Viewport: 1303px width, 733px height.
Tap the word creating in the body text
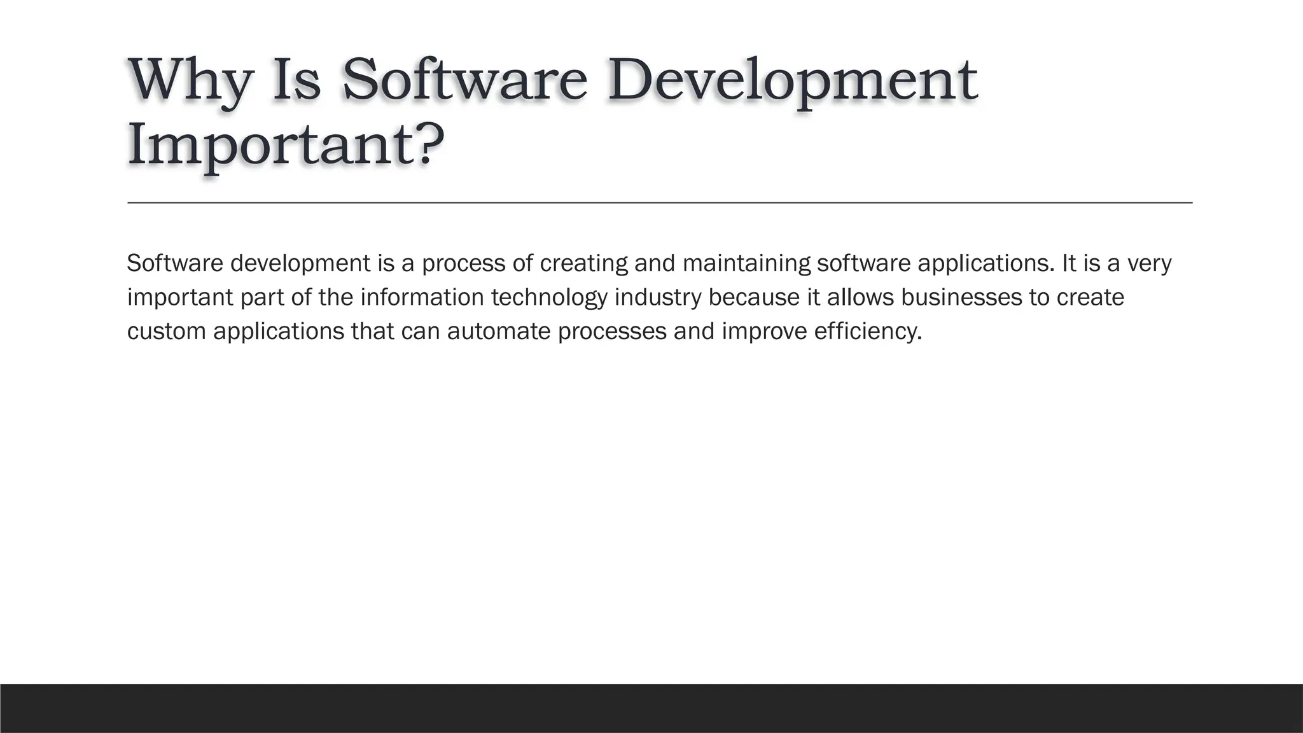pyautogui.click(x=583, y=263)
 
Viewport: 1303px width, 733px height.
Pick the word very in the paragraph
pyautogui.click(x=1149, y=263)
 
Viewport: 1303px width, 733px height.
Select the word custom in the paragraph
pyautogui.click(x=166, y=332)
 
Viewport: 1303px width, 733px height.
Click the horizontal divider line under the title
pyautogui.click(x=659, y=202)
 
